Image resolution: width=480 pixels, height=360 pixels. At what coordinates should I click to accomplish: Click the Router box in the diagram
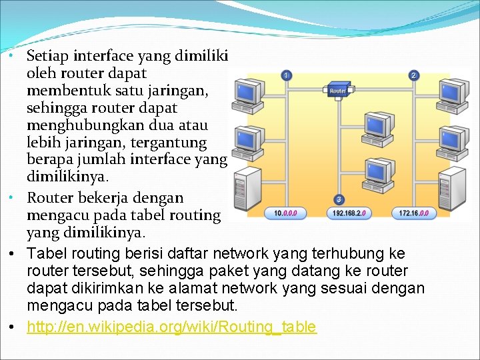(338, 91)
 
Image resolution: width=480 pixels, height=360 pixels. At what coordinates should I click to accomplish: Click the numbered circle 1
(285, 76)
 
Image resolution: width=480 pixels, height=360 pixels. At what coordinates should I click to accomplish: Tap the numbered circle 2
(414, 76)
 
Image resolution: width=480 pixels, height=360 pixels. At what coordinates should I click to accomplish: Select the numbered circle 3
(339, 199)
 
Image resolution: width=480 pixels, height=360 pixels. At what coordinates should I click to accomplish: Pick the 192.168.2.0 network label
(347, 213)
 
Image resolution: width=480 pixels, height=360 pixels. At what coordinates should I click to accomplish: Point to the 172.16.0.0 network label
(415, 213)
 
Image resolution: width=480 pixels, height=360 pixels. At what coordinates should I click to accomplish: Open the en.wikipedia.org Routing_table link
(172, 327)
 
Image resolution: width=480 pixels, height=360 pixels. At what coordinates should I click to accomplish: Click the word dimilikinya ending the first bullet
(67, 177)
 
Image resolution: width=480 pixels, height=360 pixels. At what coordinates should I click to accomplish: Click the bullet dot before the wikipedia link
(13, 327)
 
